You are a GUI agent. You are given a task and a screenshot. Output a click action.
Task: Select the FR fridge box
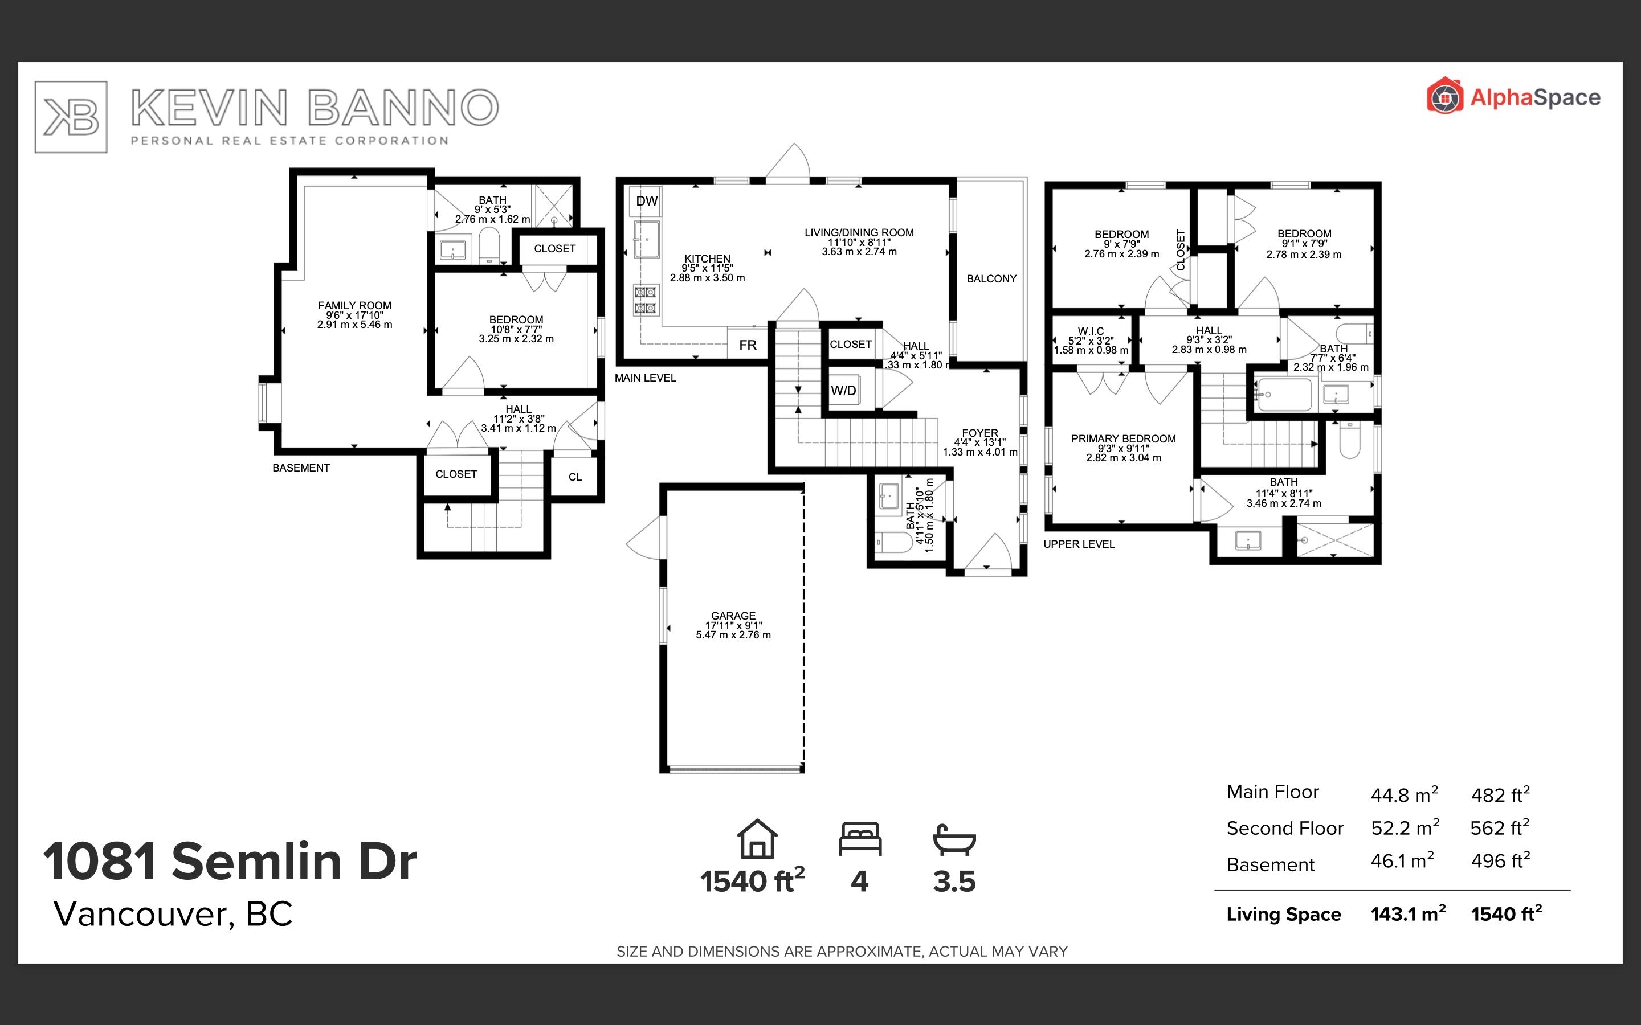click(x=747, y=345)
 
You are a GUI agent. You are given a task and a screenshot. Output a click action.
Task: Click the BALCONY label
click(x=991, y=278)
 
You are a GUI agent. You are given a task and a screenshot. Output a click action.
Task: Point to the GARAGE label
click(x=733, y=616)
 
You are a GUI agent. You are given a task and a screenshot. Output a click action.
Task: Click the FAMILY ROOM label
click(x=354, y=305)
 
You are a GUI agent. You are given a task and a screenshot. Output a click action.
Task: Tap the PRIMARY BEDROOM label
click(x=1124, y=438)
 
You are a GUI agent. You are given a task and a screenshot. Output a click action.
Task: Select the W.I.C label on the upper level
click(x=1091, y=331)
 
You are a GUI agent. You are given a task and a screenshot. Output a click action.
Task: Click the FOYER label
click(x=980, y=433)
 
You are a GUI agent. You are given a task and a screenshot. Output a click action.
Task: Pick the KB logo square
click(x=71, y=117)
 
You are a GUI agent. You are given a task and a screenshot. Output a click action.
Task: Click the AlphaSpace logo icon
click(x=1444, y=96)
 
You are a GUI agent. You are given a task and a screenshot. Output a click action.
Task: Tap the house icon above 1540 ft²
click(x=757, y=839)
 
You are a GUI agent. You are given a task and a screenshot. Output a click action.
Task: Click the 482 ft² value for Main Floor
click(x=1500, y=794)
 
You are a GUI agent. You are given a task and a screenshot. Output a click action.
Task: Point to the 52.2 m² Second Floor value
click(x=1405, y=827)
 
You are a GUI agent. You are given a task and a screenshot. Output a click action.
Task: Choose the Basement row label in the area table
click(x=1271, y=864)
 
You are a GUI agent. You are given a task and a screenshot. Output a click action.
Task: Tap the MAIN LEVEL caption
click(x=646, y=378)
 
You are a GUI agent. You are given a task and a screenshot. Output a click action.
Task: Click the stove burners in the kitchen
click(x=645, y=300)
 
